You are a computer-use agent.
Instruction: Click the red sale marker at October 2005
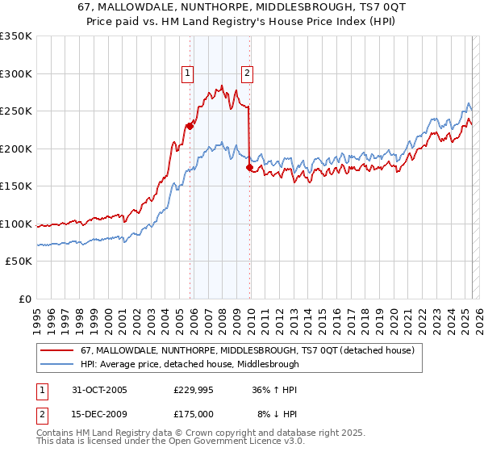tap(190, 126)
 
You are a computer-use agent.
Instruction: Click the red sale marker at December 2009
tap(249, 167)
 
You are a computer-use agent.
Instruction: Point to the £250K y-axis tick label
tap(16, 111)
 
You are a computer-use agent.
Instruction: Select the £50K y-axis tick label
tap(19, 262)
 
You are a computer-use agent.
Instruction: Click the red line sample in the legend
tap(56, 350)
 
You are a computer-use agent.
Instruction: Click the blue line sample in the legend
tap(56, 364)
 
